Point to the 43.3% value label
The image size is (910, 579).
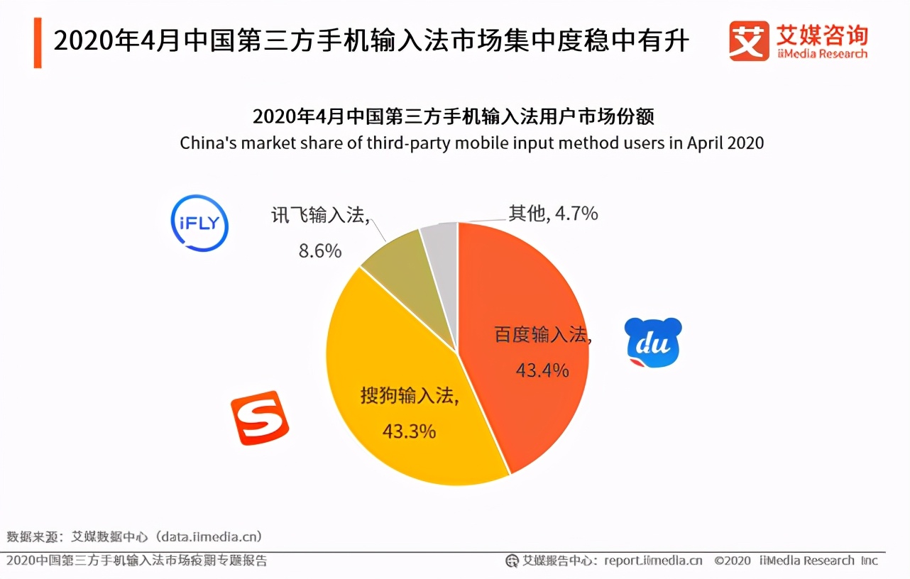tap(408, 431)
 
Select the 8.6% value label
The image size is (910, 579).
tap(319, 250)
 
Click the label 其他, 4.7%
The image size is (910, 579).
tap(553, 213)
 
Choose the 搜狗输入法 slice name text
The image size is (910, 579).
tap(409, 396)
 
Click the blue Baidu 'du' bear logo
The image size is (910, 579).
tap(653, 343)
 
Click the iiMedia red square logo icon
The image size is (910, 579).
tap(749, 40)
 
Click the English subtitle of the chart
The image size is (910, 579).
tap(471, 143)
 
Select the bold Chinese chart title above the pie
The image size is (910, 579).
tap(453, 116)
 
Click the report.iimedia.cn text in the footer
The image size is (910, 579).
tap(653, 561)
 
